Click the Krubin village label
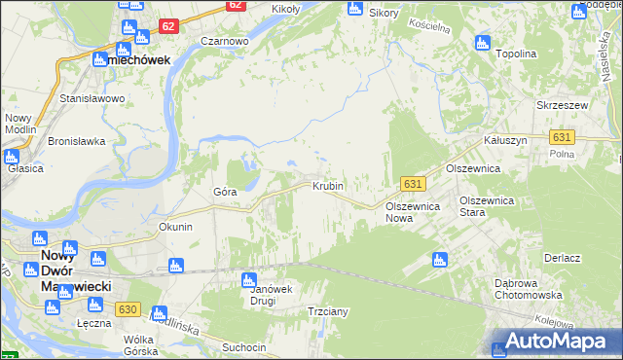[328, 185]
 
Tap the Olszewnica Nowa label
[414, 212]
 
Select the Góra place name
[225, 192]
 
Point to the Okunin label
[176, 227]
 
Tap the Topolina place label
[517, 54]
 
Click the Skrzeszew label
[559, 104]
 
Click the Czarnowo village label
[225, 42]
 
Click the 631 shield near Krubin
[413, 184]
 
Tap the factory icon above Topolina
[481, 41]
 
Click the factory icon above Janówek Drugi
[248, 279]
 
